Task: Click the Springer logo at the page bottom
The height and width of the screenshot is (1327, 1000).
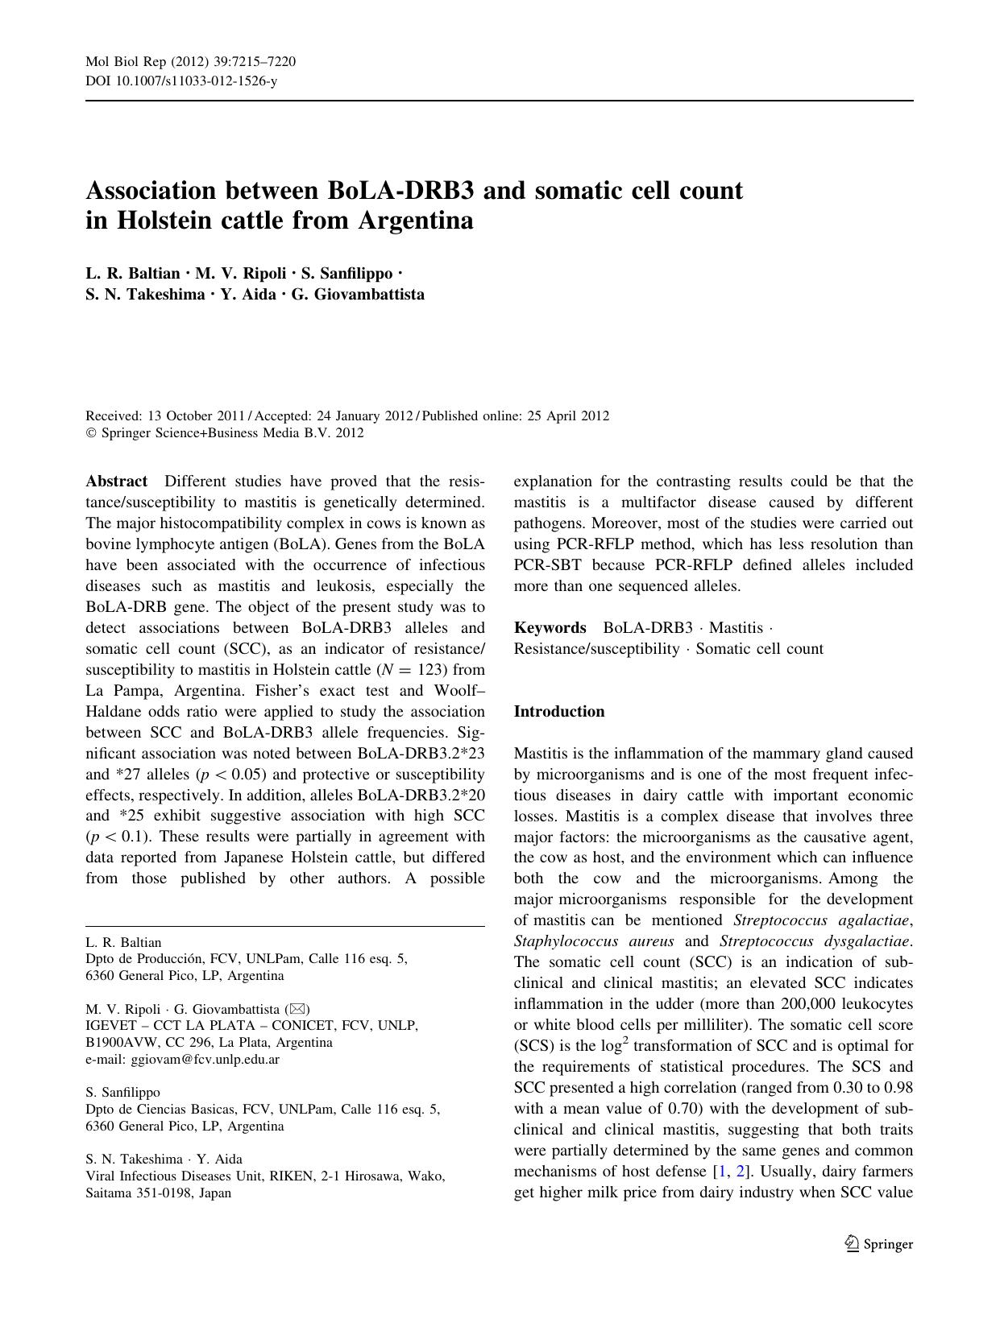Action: click(879, 1244)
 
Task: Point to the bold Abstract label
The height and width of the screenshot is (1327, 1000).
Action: click(117, 482)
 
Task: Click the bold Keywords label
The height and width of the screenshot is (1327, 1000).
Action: click(550, 627)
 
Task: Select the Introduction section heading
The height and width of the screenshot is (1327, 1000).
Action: click(559, 711)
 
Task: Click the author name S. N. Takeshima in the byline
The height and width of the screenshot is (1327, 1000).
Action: click(145, 294)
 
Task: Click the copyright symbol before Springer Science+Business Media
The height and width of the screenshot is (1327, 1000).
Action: click(90, 433)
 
